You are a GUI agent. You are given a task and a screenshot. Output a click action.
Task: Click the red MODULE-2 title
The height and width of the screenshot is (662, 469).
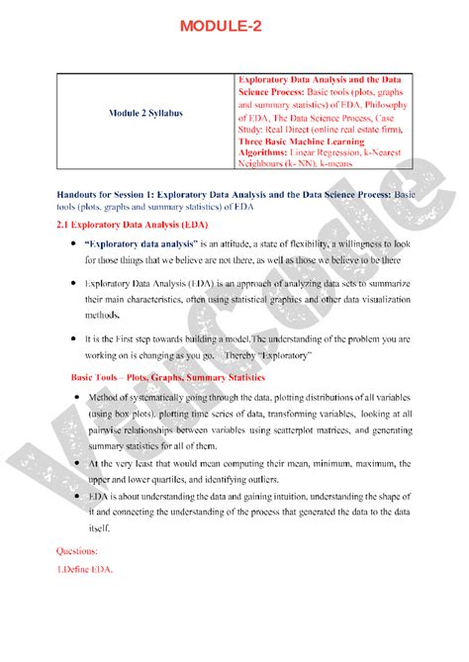234,25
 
